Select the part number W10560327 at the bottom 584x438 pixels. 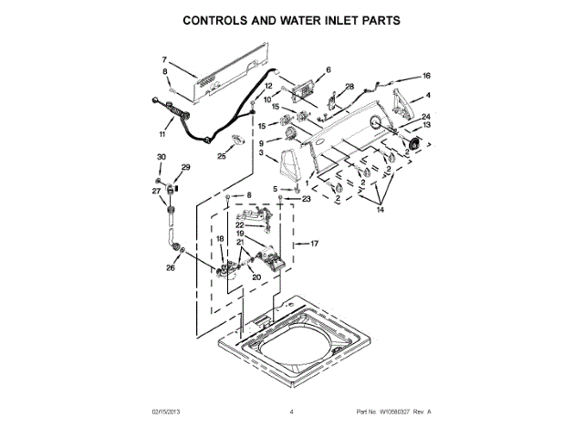pos(391,412)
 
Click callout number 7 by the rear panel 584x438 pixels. pos(165,58)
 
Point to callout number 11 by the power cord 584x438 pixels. pos(162,134)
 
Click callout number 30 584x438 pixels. pos(161,158)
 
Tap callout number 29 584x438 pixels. pos(185,167)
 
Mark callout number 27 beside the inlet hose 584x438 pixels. pos(155,191)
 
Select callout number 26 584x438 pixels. pos(170,269)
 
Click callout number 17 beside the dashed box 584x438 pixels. pos(314,244)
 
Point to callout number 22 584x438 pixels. pos(240,224)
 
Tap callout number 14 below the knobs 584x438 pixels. pos(381,210)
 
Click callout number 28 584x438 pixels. pos(349,87)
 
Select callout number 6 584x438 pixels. pos(328,70)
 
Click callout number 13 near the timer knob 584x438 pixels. pos(425,126)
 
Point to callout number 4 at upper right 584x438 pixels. pos(429,96)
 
